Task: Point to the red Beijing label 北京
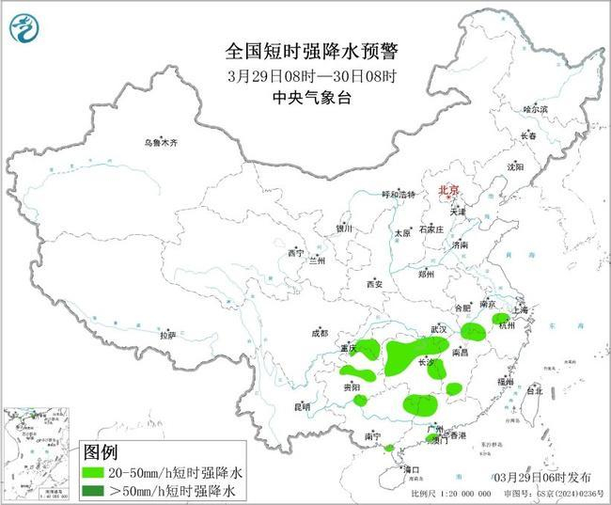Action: click(x=448, y=191)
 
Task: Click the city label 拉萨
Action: click(x=167, y=335)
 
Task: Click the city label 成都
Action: click(x=319, y=333)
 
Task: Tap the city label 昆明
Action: click(x=302, y=406)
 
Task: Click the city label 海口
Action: click(x=410, y=467)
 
